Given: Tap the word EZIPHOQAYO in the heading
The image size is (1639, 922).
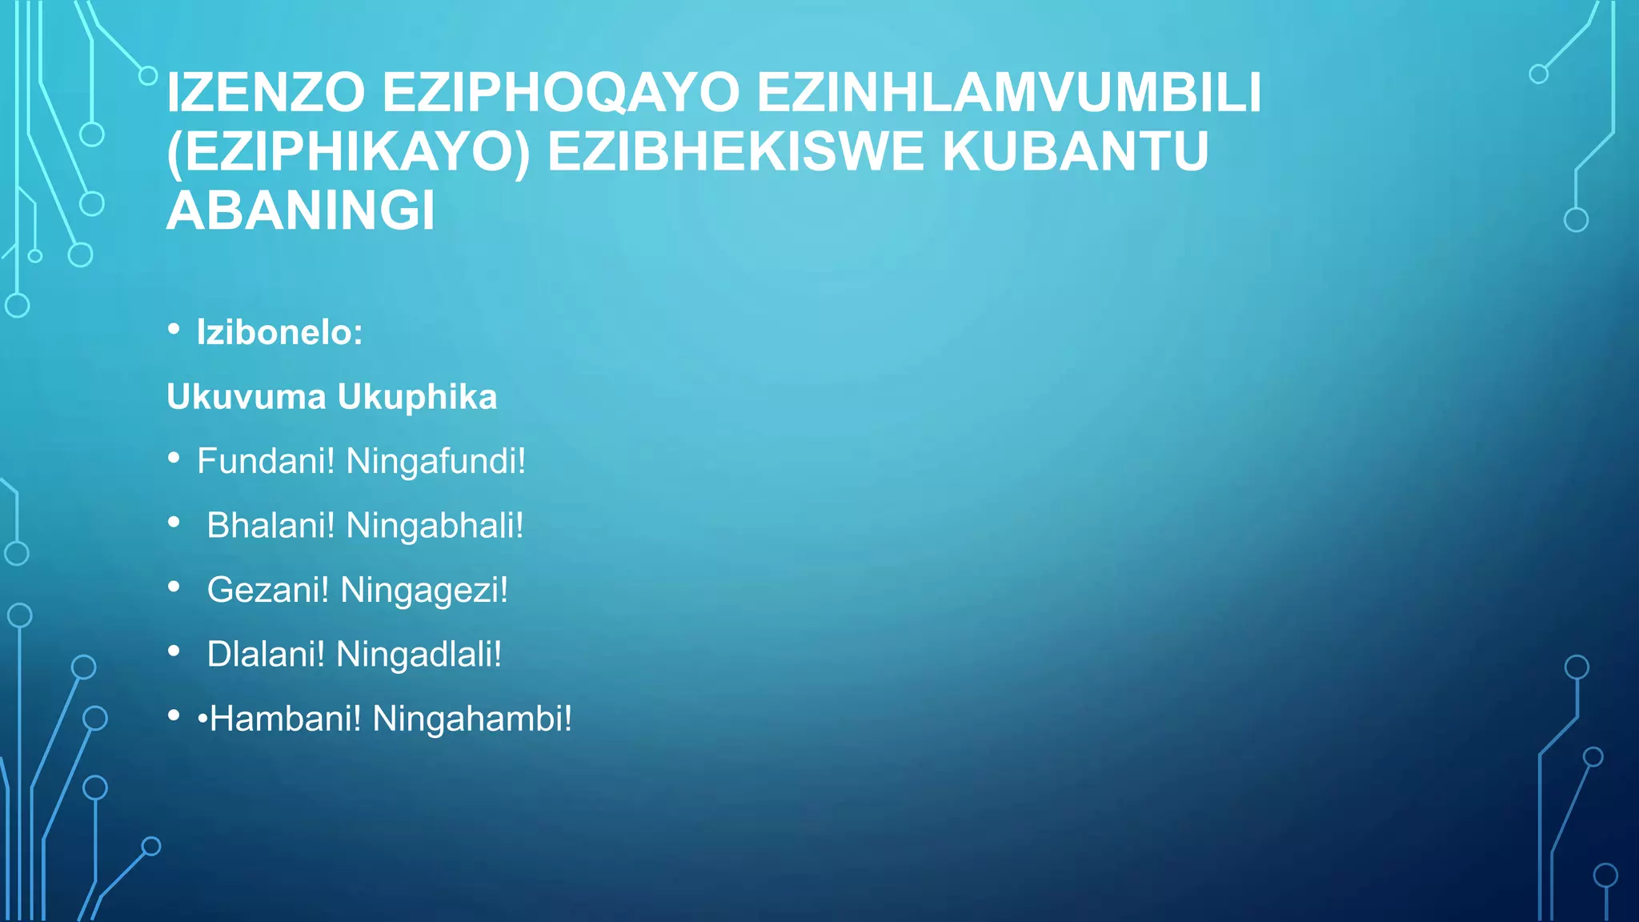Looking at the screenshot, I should [x=560, y=93].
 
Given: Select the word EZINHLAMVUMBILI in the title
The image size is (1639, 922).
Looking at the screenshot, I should [x=1008, y=93].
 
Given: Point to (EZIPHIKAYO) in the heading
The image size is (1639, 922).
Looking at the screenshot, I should [x=348, y=152].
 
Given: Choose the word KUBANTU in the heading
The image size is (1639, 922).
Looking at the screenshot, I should [x=1075, y=152].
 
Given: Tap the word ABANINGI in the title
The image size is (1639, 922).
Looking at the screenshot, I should [x=301, y=211].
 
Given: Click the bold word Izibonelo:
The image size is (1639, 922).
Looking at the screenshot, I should [x=280, y=332].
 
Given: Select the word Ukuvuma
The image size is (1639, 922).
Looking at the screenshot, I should [x=246, y=397].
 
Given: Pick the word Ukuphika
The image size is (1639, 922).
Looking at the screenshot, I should [x=417, y=397].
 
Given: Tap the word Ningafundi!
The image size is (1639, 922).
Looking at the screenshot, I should [x=436, y=461].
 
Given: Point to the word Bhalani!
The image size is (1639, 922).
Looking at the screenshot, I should [x=271, y=526].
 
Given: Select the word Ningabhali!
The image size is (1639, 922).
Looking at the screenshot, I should [x=435, y=526].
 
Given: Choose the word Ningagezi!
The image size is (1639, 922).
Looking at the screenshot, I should [x=424, y=591].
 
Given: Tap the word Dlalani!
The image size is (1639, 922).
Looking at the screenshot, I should [x=266, y=655].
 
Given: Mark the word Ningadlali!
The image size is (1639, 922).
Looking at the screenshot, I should [x=419, y=655].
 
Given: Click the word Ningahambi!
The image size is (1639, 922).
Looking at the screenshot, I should [x=472, y=719].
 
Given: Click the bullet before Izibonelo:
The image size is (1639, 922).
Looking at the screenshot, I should [x=174, y=329].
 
